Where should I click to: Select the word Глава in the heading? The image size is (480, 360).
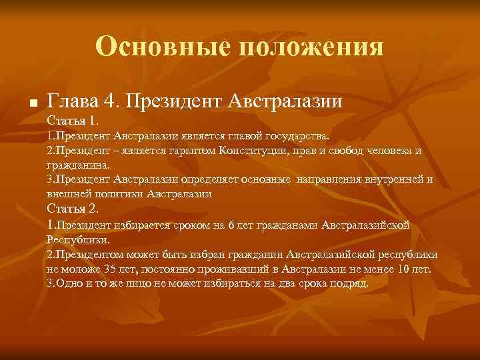point(73,101)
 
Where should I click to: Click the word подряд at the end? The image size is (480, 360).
point(349,283)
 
